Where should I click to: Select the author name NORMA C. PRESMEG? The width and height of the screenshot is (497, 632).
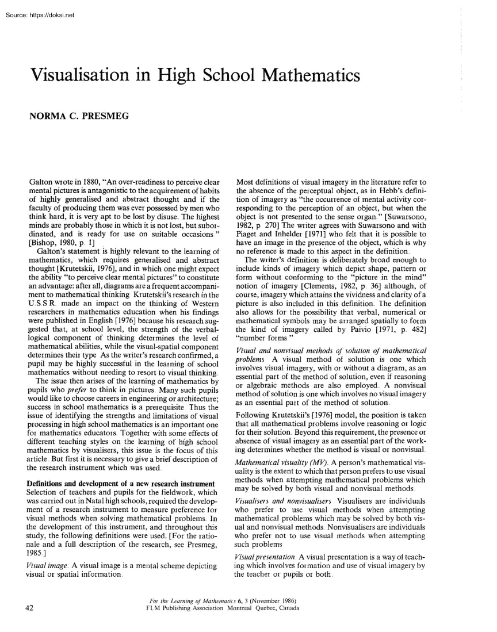[x=78, y=117]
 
